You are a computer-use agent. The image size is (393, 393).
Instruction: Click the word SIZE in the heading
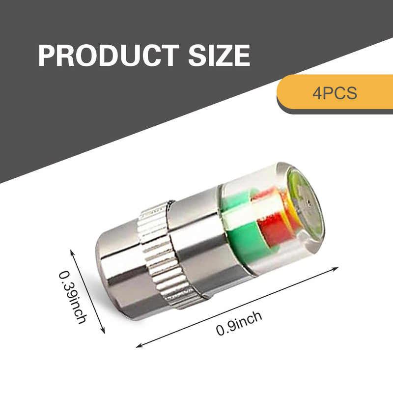point(219,56)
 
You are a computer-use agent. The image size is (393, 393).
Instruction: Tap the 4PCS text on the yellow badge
point(335,93)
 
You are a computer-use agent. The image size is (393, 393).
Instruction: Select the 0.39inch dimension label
point(73,297)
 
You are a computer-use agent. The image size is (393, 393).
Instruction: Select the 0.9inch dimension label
point(239,323)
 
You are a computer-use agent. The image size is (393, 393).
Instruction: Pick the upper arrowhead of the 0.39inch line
point(72,252)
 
